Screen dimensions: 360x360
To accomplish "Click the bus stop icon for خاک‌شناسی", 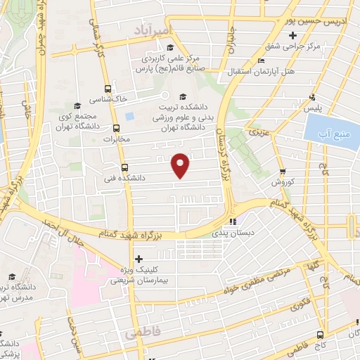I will (108, 89).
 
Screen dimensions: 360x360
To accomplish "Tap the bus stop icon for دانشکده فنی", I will (124, 168).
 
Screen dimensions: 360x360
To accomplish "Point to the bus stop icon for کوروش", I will (282, 171).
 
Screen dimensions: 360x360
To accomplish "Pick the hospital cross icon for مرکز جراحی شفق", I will (292, 34).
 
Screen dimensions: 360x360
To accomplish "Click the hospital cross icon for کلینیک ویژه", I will (138, 259).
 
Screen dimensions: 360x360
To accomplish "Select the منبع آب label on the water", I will (331, 129).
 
